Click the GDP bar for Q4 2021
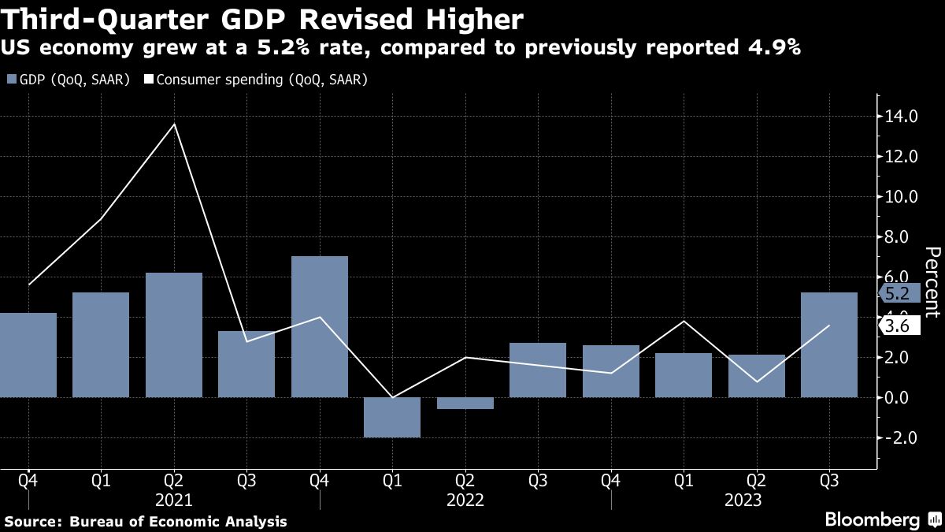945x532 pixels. click(x=320, y=326)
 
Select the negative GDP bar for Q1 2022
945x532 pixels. click(x=392, y=417)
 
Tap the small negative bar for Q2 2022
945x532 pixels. click(x=465, y=403)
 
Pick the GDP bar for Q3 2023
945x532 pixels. click(x=829, y=344)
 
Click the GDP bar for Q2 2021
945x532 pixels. click(x=174, y=334)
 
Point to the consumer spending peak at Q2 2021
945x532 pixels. click(x=174, y=124)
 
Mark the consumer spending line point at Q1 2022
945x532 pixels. click(x=392, y=397)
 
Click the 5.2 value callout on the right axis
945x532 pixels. click(x=897, y=294)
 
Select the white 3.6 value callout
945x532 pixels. click(x=897, y=326)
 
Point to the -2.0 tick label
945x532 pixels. click(x=900, y=437)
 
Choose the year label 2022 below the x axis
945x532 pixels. click(x=465, y=500)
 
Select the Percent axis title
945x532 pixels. click(x=931, y=281)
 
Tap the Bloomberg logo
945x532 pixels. click(x=872, y=519)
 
